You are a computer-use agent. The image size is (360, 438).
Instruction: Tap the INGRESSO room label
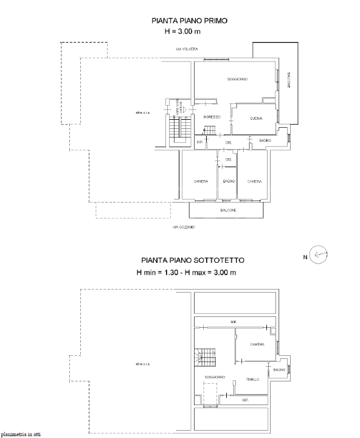pos(211,117)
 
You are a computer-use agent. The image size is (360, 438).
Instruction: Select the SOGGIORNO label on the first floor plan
pos(237,80)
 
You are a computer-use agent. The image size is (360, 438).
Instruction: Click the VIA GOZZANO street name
pos(183,227)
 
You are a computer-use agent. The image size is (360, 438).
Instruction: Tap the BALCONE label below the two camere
pos(228,210)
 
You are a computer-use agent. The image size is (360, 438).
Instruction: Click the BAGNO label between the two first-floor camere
pos(229,182)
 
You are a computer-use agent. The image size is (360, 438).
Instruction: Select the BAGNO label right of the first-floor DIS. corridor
pos(264,141)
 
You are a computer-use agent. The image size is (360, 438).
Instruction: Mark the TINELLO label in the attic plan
pos(252,379)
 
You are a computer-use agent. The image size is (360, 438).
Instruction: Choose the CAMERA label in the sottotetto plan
pos(257,344)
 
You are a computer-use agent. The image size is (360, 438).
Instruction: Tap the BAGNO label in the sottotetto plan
pos(279,370)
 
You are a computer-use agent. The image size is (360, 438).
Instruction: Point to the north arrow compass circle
pos(319,254)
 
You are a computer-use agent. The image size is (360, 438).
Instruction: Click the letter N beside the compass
pos(305,257)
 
